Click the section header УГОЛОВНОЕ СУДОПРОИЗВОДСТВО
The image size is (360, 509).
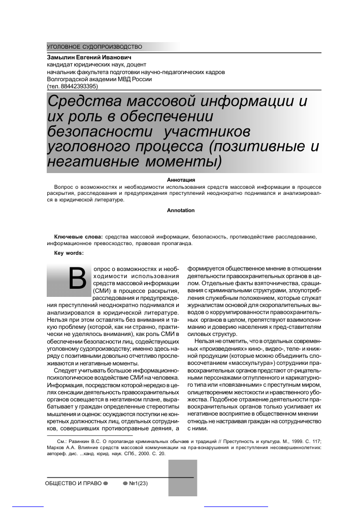(94, 47)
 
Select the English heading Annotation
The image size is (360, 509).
(181, 210)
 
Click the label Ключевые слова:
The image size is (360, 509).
(79, 237)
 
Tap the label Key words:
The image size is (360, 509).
(69, 253)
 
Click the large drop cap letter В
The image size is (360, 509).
(76, 281)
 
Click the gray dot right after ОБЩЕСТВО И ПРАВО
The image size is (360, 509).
(106, 483)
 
